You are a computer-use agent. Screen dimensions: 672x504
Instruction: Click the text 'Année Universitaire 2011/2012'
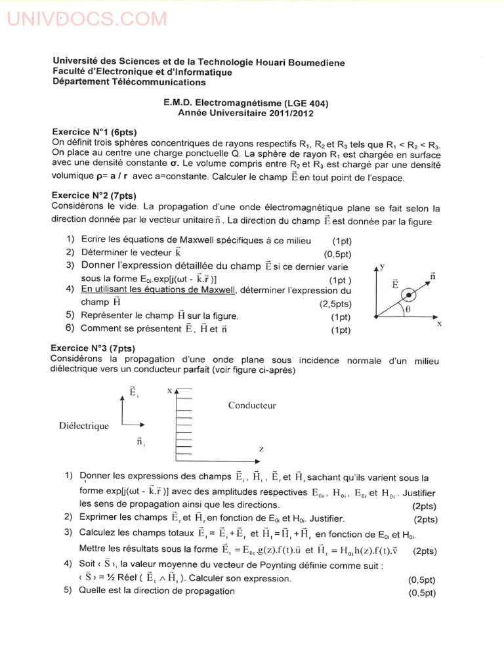(246, 113)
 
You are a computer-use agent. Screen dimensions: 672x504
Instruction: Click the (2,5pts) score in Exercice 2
(335, 304)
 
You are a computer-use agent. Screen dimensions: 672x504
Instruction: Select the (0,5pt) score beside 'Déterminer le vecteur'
(338, 254)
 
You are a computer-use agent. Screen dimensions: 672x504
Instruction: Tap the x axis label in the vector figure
(439, 324)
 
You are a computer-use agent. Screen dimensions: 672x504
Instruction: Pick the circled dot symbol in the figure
(409, 297)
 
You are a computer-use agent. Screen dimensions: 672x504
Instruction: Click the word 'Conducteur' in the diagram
(252, 406)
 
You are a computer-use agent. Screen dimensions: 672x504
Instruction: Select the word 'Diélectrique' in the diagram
(84, 426)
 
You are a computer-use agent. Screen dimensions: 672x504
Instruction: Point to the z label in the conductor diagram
(261, 449)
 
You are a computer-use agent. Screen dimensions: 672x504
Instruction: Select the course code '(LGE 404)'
(306, 103)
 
